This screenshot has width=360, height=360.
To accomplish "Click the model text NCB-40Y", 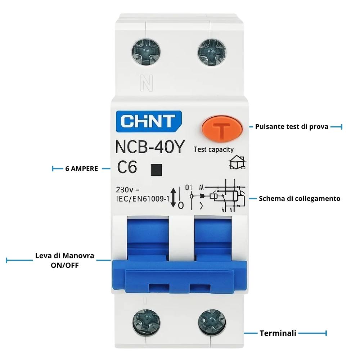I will pos(150,147).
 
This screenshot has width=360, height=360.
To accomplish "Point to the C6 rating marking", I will pos(127,167).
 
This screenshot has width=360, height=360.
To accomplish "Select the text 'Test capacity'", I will pos(213,149).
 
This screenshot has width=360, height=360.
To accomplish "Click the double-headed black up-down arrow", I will pos(173,197).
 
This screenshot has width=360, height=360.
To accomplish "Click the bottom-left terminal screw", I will pos(144,320).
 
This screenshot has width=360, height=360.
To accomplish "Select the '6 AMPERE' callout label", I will pos(82,168).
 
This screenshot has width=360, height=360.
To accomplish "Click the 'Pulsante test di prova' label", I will pos(292,127).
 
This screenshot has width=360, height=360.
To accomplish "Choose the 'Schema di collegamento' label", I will pos(300,198).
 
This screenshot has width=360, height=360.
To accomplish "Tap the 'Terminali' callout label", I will pos(278,333).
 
